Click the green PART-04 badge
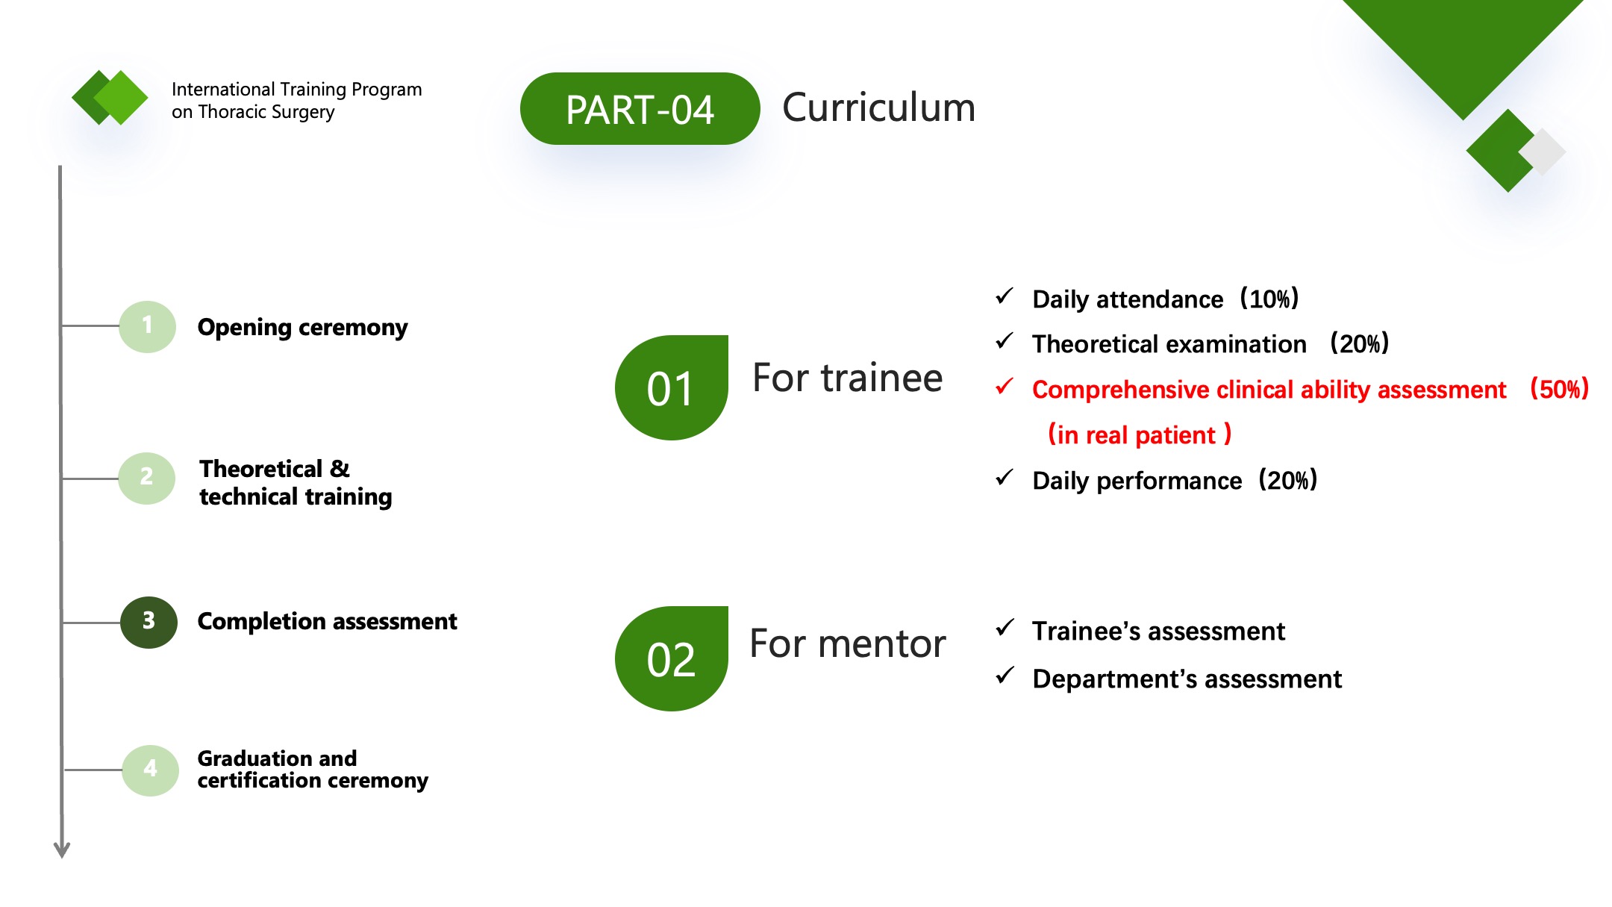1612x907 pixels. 640,109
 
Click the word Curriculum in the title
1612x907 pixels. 878,107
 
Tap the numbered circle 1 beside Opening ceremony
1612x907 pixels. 148,326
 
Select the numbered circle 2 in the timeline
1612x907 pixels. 147,478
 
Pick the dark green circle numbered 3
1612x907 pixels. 149,622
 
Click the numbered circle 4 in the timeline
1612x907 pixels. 150,770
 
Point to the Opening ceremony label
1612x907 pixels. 302,328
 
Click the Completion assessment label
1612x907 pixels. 327,621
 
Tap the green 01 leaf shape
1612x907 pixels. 671,387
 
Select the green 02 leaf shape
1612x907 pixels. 671,658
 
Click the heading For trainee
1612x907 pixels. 847,378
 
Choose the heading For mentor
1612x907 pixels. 847,643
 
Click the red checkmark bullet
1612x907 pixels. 1005,387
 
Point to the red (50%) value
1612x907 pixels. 1559,389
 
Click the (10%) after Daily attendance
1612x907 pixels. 1269,299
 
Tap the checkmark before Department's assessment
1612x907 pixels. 1005,676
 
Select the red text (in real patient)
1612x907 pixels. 1140,434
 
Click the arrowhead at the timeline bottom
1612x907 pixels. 62,850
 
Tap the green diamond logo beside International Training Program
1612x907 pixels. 110,97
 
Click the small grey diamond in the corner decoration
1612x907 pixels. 1543,152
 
